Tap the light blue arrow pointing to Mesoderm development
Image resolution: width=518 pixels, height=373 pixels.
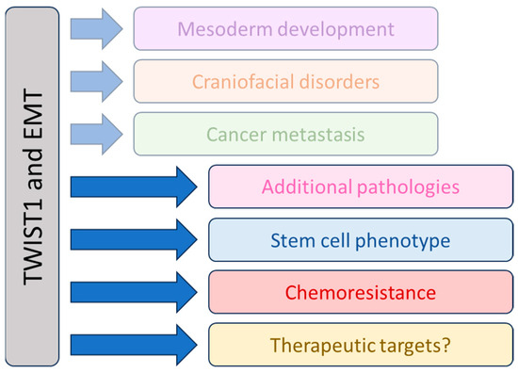[x=98, y=28]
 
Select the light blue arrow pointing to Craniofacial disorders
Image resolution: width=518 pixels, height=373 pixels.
[x=98, y=81]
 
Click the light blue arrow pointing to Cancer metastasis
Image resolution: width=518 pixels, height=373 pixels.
[x=98, y=134]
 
